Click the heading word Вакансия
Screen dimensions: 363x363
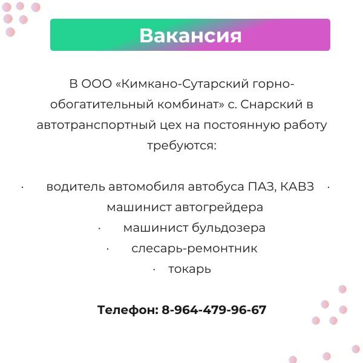pos(191,36)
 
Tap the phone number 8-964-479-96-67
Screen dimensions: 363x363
pos(214,310)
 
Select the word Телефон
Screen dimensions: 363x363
pos(128,310)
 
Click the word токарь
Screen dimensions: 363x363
pos(189,269)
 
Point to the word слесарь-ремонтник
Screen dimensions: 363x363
pos(194,249)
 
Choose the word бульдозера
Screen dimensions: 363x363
pos(229,228)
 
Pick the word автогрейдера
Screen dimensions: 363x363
pos(219,207)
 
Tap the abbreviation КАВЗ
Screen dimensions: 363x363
pos(297,186)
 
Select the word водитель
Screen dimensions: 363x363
pos(76,186)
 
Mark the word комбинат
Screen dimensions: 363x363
pos(191,104)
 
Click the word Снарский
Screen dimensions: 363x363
pos(271,105)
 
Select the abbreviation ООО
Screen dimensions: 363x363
pos(97,83)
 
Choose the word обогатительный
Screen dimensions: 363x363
pos(102,105)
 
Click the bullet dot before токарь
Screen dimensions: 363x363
pos(154,269)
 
